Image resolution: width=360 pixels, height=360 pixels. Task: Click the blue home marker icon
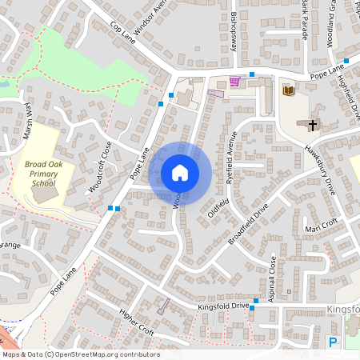pyautogui.click(x=180, y=173)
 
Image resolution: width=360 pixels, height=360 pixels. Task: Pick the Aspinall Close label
pyautogui.click(x=273, y=277)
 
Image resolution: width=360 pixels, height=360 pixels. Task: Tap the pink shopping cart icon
pyautogui.click(x=234, y=81)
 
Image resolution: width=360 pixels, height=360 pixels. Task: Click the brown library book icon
pyautogui.click(x=288, y=91)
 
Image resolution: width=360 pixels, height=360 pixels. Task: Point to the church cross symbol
pyautogui.click(x=312, y=125)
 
